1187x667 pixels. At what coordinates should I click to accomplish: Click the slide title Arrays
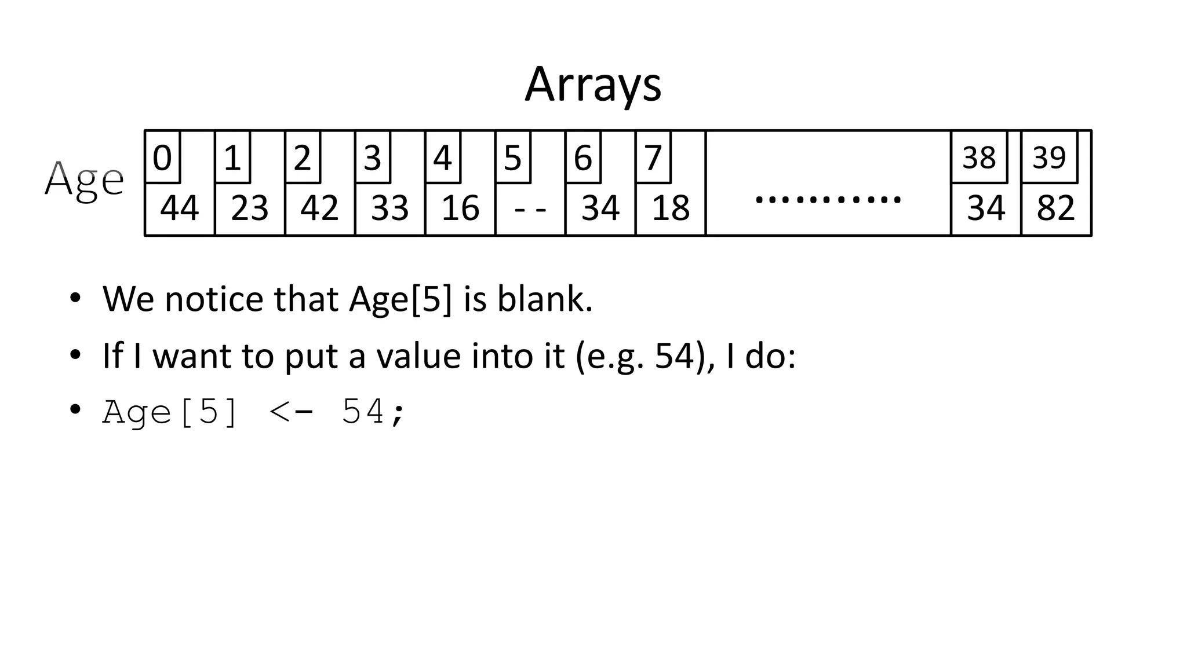592,85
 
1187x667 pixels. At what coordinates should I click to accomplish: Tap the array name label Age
84,179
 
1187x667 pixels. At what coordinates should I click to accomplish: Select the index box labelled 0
162,157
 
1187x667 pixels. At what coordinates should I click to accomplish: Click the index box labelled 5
512,157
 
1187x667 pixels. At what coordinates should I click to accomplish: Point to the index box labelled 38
979,157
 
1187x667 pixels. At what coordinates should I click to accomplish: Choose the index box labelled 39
1049,157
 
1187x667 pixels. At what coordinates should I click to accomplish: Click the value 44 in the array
179,208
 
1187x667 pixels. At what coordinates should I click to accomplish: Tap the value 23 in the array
250,208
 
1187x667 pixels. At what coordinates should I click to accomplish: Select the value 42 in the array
319,208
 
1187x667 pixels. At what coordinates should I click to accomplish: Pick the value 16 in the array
460,208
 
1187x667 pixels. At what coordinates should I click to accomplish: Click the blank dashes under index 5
530,208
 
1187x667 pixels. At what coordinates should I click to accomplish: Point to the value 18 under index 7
671,208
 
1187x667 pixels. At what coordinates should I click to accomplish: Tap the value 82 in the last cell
1055,208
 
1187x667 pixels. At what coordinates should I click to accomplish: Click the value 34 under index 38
986,208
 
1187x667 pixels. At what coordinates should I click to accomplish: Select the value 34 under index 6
600,208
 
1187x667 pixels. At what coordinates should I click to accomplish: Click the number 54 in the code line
363,412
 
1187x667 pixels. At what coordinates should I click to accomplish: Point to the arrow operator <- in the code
292,412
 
